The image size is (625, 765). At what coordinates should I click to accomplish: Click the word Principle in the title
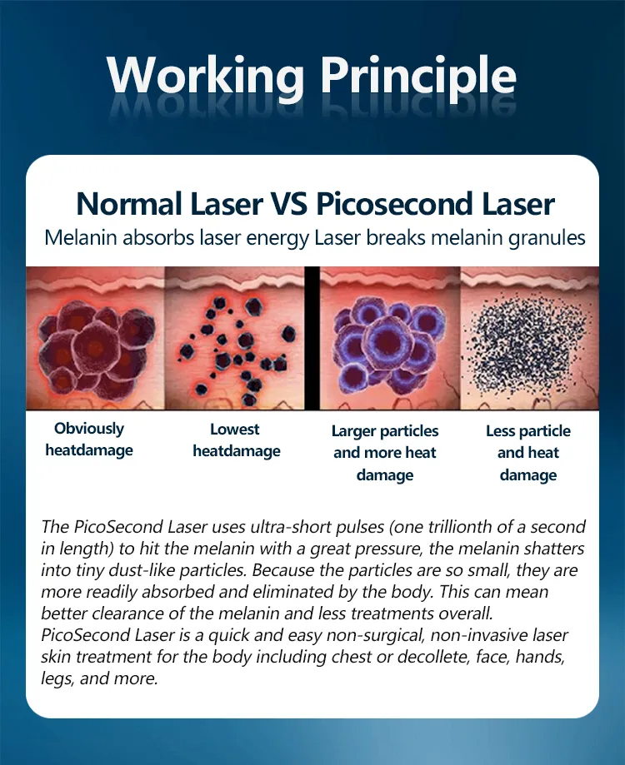419,77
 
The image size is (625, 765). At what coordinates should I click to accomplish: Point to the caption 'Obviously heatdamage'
88,440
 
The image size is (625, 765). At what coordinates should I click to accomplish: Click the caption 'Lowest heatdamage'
236,440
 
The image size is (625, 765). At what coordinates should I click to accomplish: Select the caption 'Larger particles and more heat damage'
384,453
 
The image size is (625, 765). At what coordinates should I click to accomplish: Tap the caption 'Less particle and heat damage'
527,453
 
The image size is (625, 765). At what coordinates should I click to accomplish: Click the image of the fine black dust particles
530,338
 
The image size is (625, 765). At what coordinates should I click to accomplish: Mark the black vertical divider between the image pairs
312,338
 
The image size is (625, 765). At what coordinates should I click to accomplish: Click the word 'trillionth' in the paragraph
456,527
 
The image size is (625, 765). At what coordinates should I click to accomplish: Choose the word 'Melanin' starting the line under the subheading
77,237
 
